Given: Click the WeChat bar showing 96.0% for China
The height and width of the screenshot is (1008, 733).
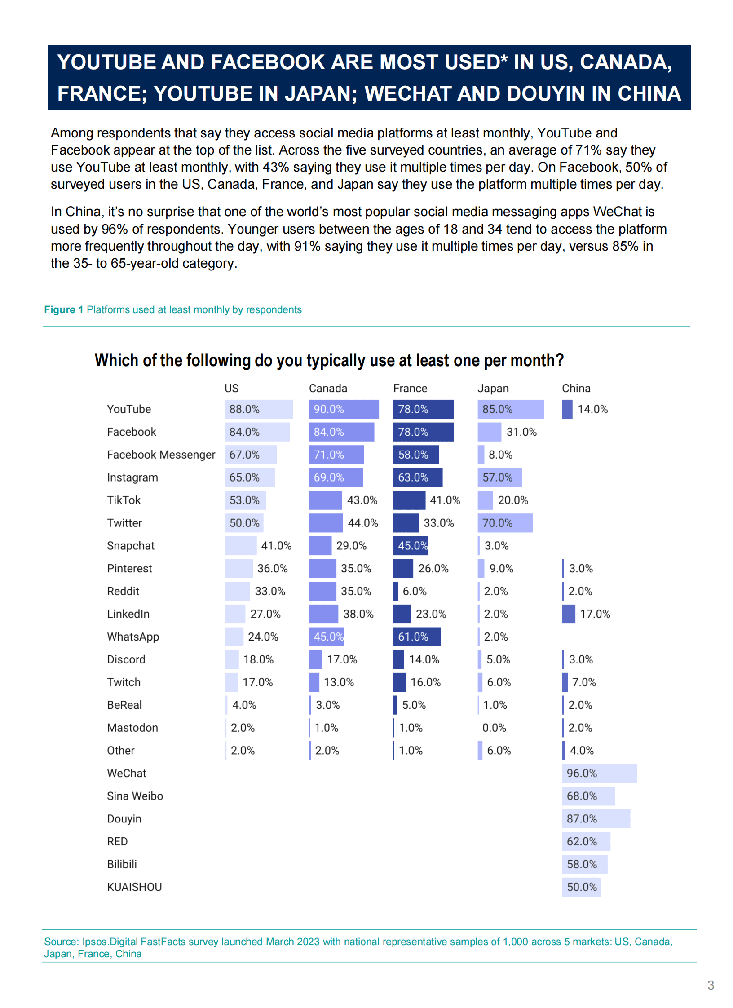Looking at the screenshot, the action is pyautogui.click(x=599, y=773).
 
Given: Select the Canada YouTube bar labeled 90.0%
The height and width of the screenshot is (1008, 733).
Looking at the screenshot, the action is pyautogui.click(x=344, y=409).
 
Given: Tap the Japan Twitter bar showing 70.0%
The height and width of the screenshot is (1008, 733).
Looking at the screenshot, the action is pyautogui.click(x=505, y=523).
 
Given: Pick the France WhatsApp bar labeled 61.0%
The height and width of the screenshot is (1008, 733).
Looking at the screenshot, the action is pyautogui.click(x=417, y=637).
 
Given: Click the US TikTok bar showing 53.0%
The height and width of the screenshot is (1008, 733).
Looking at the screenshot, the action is pyautogui.click(x=245, y=500).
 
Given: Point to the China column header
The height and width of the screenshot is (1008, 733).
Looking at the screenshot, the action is pyautogui.click(x=576, y=388).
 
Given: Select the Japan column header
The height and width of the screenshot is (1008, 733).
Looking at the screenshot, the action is pyautogui.click(x=493, y=388).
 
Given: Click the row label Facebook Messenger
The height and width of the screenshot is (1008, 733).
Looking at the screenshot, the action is pyautogui.click(x=161, y=455).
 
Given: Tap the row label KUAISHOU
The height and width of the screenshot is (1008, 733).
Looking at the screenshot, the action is pyautogui.click(x=134, y=887).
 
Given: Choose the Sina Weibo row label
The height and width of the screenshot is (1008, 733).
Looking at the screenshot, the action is pyautogui.click(x=135, y=796).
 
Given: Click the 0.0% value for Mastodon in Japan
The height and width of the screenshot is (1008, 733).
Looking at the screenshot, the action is pyautogui.click(x=494, y=728).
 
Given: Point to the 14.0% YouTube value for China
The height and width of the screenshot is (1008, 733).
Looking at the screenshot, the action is pyautogui.click(x=592, y=409).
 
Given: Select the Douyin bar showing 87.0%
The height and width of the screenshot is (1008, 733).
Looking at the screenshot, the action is pyautogui.click(x=596, y=819).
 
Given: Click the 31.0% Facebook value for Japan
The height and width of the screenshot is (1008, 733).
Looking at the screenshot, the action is pyautogui.click(x=521, y=432).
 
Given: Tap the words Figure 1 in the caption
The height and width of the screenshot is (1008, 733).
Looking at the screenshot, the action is pyautogui.click(x=63, y=309).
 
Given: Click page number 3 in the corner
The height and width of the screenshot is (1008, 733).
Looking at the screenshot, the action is pyautogui.click(x=711, y=985).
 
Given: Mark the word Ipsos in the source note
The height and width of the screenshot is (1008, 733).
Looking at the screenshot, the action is pyautogui.click(x=95, y=942).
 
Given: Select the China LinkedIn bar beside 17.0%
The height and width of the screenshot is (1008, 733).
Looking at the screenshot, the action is pyautogui.click(x=569, y=614).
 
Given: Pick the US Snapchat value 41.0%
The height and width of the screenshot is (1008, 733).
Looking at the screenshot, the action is pyautogui.click(x=276, y=546).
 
